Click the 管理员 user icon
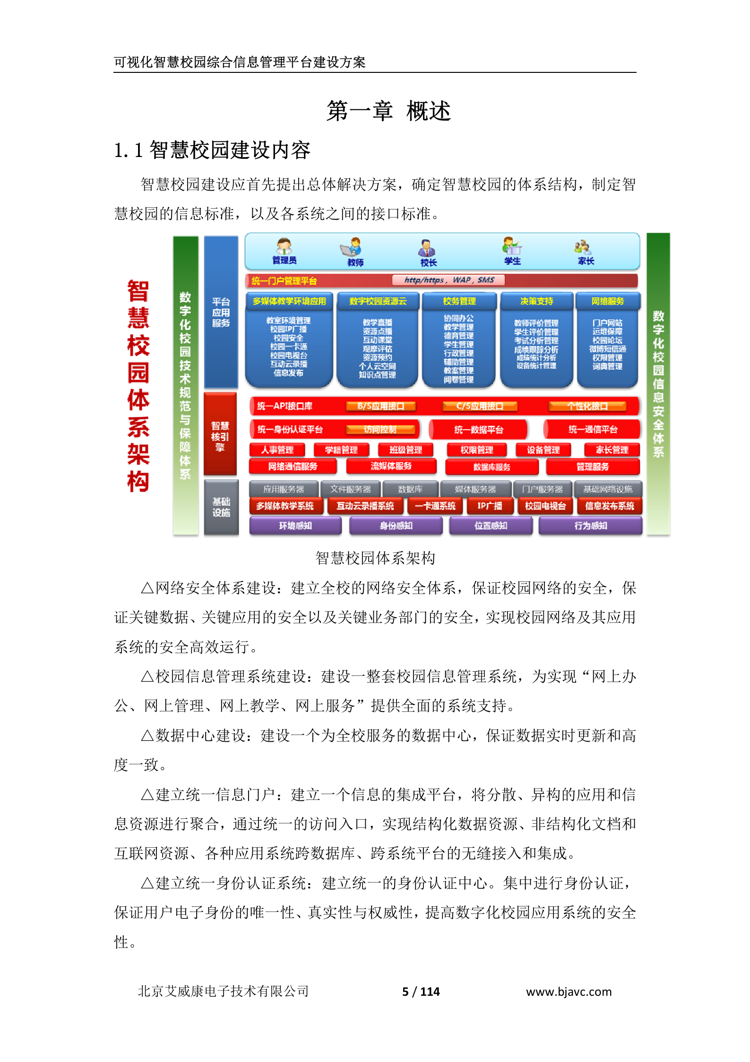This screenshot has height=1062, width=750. coord(284,246)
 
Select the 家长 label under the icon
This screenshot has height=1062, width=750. coord(586,261)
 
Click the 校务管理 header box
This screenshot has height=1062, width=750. coord(459,301)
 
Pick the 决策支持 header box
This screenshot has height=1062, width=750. coord(536,301)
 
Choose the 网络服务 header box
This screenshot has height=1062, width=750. coord(608,301)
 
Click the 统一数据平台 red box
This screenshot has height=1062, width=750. coord(478,430)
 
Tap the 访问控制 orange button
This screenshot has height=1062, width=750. coord(380,430)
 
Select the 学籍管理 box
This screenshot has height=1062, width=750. coord(341,450)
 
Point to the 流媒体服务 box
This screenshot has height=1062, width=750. coord(391,466)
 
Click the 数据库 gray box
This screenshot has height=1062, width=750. coord(410,489)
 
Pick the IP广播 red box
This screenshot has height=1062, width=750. coord(490,506)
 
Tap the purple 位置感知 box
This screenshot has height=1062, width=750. coord(491,526)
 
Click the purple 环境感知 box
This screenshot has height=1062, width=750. coord(295,526)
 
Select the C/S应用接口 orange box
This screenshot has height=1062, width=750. coord(480,406)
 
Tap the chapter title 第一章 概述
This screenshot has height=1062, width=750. coord(388,111)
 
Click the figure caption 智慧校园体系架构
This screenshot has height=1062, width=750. coord(375,558)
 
